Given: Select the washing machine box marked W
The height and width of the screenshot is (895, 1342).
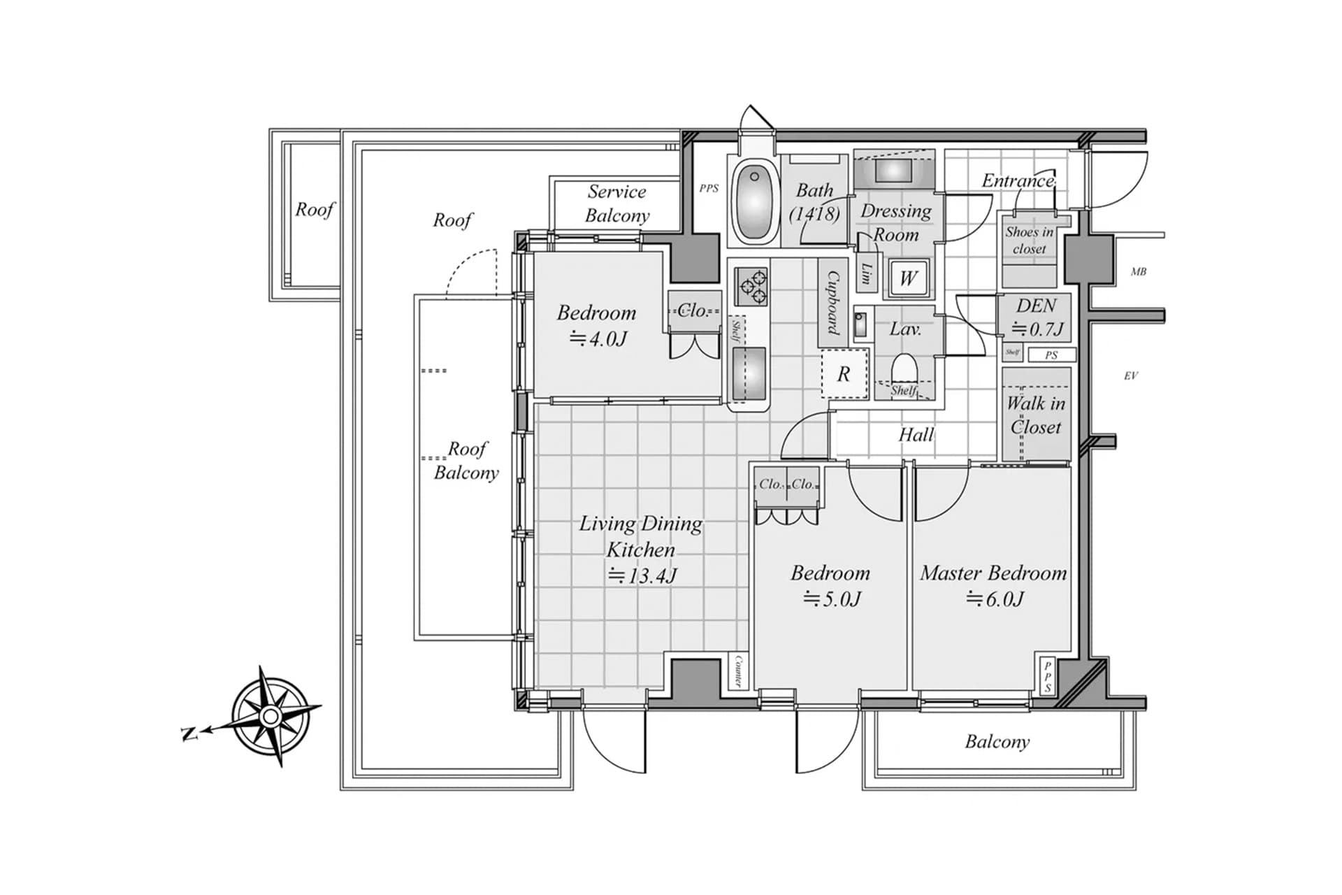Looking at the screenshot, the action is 908,278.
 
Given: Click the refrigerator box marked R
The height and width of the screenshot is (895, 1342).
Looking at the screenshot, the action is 844,373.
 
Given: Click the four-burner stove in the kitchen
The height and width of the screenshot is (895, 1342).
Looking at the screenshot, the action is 751,286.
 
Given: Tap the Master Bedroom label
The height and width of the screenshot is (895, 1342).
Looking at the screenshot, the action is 993,573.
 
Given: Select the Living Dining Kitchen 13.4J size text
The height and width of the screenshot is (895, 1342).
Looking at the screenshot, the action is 642,576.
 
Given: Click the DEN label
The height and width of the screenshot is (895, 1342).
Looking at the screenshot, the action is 1036,306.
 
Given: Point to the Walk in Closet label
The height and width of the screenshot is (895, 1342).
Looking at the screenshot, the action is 1036,415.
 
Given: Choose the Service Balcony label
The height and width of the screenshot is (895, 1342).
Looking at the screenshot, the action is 617,203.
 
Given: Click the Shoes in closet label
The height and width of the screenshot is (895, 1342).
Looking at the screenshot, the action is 1030,240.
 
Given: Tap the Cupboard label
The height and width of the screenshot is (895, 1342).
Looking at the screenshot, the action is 834,303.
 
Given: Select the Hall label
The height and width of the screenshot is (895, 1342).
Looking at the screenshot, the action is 916,435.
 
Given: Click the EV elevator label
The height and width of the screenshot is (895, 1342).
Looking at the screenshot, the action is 1131,375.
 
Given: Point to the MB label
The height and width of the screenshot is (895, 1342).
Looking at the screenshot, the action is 1139,271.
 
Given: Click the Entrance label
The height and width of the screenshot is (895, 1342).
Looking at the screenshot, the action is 1018,180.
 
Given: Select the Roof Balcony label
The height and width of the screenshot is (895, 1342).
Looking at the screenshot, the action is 466,460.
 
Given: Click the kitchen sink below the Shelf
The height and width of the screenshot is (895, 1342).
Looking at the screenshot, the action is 749,373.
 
